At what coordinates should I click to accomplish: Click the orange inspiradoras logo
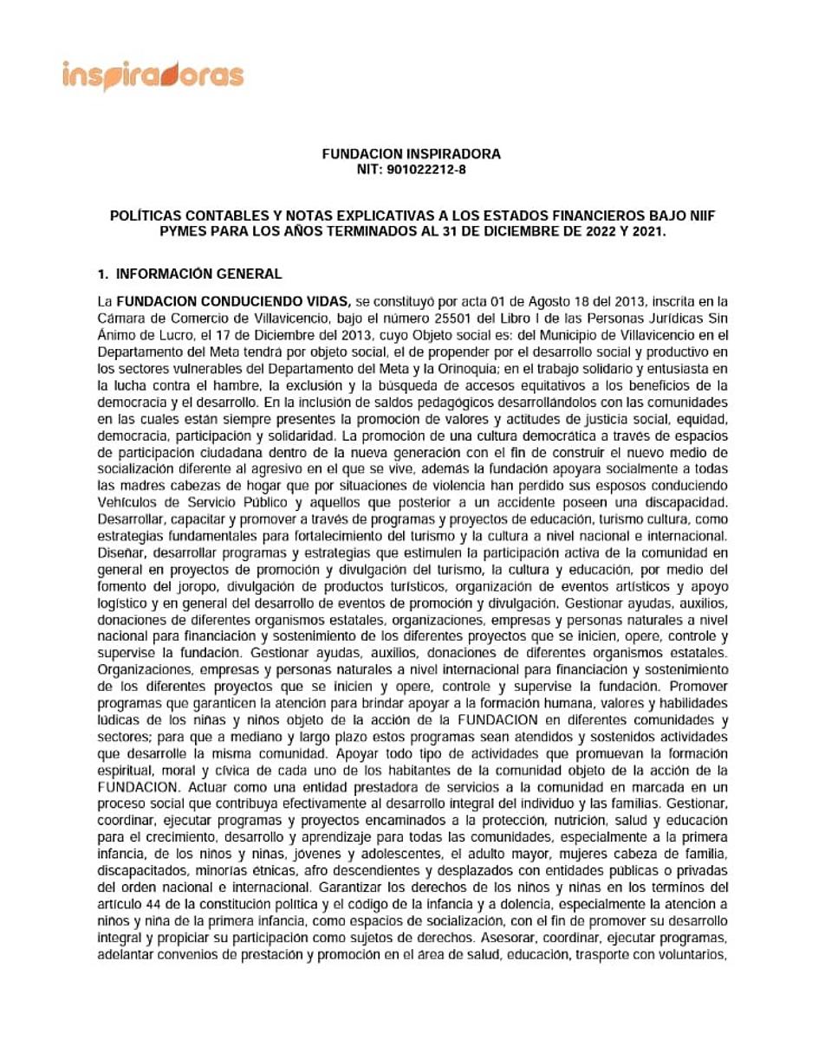[x=153, y=75]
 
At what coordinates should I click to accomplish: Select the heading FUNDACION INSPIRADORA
[x=412, y=154]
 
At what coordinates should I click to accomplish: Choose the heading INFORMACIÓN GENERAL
[x=199, y=274]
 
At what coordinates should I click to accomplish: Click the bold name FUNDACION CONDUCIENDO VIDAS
[x=233, y=301]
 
